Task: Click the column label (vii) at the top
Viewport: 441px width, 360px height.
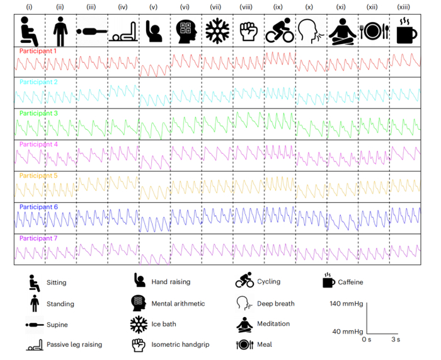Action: pos(215,7)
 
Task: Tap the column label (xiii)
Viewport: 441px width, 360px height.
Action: pos(403,7)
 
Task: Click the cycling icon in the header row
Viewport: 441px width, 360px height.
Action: pos(280,30)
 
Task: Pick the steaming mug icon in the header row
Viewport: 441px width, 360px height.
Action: pos(406,31)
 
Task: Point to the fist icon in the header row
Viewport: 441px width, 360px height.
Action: pos(249,32)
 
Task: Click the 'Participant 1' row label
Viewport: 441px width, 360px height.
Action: pos(38,51)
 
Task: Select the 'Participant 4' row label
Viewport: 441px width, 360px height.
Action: pos(38,144)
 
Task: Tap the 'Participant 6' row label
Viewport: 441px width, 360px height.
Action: pos(38,207)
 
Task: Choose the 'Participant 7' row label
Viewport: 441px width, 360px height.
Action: pos(38,238)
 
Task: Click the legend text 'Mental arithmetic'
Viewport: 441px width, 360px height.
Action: pos(178,303)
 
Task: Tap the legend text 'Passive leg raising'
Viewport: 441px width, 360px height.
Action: pos(74,344)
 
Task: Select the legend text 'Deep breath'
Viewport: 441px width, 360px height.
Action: pos(276,304)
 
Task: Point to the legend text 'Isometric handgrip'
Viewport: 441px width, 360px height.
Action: pos(180,344)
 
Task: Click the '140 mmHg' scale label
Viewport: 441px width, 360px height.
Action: pos(346,304)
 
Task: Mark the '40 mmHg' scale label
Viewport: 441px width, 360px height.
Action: pos(348,331)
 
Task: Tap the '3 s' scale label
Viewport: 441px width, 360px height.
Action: pos(396,339)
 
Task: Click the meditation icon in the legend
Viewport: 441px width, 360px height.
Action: pos(244,324)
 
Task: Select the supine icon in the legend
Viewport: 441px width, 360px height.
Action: pos(35,325)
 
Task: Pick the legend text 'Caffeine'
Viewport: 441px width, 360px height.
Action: pos(350,282)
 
